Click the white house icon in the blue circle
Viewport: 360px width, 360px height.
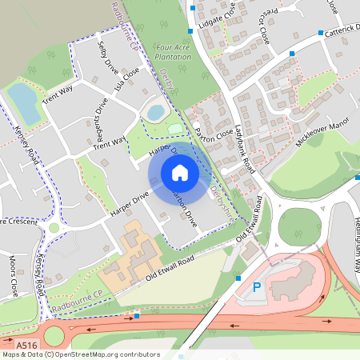(180, 173)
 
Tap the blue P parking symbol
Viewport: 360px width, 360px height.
(257, 287)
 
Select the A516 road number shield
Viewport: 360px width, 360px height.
(26, 345)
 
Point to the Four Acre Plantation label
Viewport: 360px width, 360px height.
(173, 53)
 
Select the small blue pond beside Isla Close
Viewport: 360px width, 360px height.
(155, 111)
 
